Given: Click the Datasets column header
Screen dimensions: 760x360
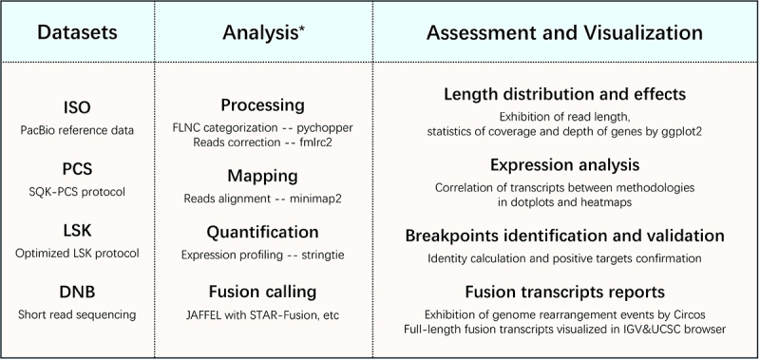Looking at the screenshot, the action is point(77,32).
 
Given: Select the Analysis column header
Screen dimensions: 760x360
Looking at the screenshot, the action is point(264,32).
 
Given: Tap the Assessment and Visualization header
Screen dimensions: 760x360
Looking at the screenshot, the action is point(564,33).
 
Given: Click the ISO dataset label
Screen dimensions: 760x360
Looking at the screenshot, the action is point(77,107).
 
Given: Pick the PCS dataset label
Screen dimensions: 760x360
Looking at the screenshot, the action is point(77,169).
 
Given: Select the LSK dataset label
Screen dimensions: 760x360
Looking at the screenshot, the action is point(77,230).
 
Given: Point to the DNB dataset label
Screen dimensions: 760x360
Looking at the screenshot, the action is point(77,292).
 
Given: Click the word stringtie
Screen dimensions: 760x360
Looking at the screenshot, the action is point(323,255).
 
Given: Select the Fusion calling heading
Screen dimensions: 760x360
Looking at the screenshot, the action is point(263,292).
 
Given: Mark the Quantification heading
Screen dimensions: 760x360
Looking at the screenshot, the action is point(263,232).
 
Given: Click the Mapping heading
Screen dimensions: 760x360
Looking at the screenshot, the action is point(263,177).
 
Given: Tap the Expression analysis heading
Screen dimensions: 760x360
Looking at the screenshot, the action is point(564,165).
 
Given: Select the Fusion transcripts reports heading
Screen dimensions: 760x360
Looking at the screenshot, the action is point(564,293).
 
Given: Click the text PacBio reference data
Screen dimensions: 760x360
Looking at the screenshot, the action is point(77,130).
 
